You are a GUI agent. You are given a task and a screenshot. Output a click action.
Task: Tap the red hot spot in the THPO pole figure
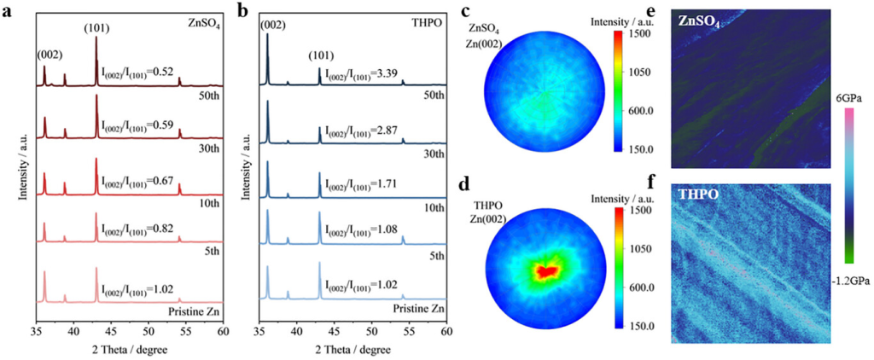click(x=546, y=271)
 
